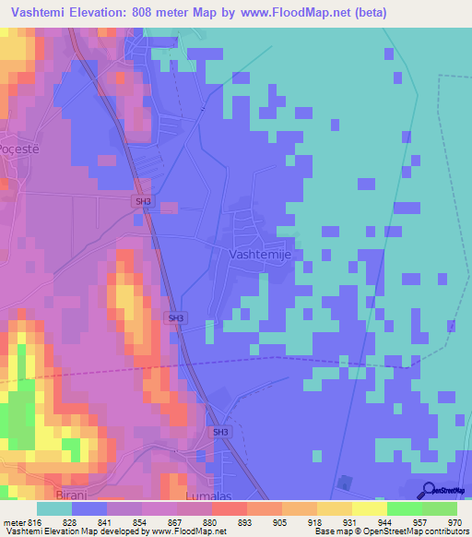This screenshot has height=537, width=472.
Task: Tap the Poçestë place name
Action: (x=21, y=149)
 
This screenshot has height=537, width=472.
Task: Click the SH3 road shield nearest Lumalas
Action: (x=220, y=432)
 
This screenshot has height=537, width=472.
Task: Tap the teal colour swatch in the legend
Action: (x=54, y=508)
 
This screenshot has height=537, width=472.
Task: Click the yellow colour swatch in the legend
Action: (x=370, y=508)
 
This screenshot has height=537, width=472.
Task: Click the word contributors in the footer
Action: (x=445, y=532)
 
